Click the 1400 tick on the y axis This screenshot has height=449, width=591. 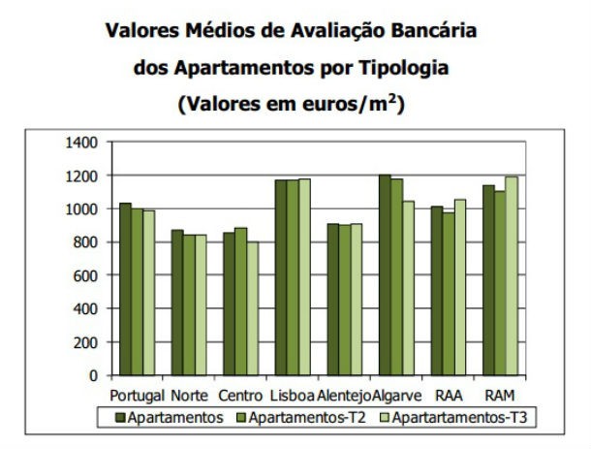(x=82, y=143)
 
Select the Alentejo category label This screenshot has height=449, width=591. (x=344, y=396)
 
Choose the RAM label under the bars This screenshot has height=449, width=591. (x=499, y=396)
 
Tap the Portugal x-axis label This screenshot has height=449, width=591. (x=137, y=396)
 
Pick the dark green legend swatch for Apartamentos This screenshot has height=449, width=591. (x=122, y=418)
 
